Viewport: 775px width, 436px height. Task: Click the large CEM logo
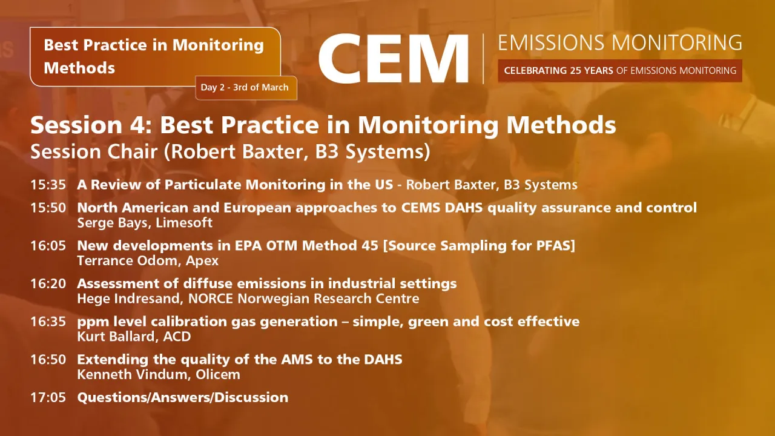coord(394,59)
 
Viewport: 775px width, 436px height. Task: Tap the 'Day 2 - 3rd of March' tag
coord(245,87)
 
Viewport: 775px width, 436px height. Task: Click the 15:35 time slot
coord(48,185)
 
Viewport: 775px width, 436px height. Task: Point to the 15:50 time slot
coord(48,208)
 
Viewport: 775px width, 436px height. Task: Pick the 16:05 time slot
coord(48,246)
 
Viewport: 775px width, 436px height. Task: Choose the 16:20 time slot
coord(48,283)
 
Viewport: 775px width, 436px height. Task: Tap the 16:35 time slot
coord(48,322)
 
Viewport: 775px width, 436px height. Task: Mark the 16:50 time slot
coord(48,359)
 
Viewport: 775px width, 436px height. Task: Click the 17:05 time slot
coord(48,397)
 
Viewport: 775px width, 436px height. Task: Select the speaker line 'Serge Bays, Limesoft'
coord(145,223)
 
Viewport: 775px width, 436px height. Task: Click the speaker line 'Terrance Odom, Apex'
coord(148,261)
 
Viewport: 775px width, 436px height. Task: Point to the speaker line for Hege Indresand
coord(248,299)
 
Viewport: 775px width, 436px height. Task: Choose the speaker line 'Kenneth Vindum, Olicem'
coord(159,374)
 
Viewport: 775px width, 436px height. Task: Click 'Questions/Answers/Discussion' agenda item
coord(182,397)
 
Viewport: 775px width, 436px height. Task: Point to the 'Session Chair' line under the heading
coord(230,151)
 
